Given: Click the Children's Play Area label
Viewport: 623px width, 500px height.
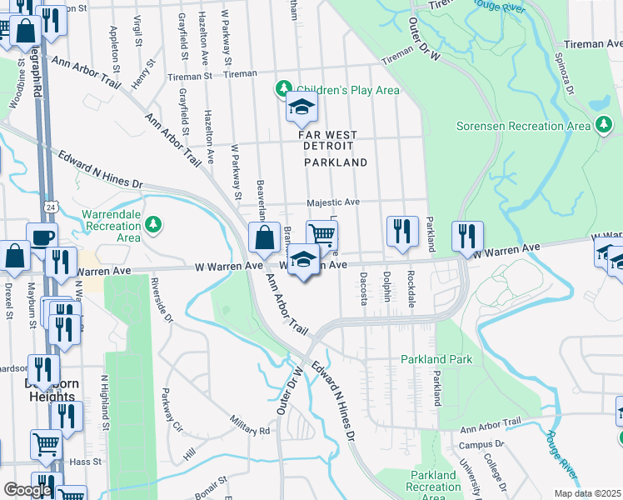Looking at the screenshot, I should pyautogui.click(x=348, y=90).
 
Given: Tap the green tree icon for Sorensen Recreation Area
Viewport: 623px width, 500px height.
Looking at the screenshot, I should pyautogui.click(x=605, y=126).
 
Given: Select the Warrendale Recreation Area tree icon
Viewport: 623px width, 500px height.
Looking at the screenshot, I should pyautogui.click(x=152, y=224).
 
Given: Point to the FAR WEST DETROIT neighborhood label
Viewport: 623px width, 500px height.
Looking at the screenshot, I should pyautogui.click(x=328, y=140).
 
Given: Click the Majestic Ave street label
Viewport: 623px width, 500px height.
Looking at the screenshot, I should pyautogui.click(x=333, y=202).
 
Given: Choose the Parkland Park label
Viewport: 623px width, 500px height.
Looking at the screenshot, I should pyautogui.click(x=436, y=359).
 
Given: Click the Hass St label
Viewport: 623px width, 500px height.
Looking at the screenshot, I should pyautogui.click(x=86, y=461).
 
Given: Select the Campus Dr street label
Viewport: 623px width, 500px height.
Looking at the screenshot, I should pyautogui.click(x=476, y=446).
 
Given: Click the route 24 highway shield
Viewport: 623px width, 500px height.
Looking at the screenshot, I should pyautogui.click(x=52, y=207).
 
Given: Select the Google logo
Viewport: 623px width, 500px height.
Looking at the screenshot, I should pyautogui.click(x=27, y=490).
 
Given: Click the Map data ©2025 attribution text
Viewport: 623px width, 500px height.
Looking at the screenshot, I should pyautogui.click(x=586, y=493).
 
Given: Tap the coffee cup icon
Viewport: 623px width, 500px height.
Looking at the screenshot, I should pyautogui.click(x=42, y=237).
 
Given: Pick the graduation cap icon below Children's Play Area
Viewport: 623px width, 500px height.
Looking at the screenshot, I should pyautogui.click(x=302, y=107).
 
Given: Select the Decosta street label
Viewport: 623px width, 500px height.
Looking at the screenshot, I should pyautogui.click(x=363, y=287).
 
